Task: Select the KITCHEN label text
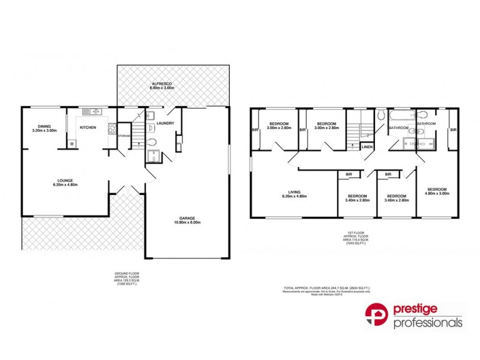click(x=88, y=128)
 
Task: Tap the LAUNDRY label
click(x=165, y=124)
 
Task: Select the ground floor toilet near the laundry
click(x=152, y=142)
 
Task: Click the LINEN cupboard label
click(x=367, y=146)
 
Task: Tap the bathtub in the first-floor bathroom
click(x=398, y=114)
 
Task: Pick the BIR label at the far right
click(x=453, y=130)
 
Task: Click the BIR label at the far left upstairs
click(x=254, y=130)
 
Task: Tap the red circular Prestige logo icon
click(x=377, y=316)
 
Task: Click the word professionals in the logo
click(x=427, y=323)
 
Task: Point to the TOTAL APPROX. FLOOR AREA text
click(x=326, y=289)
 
